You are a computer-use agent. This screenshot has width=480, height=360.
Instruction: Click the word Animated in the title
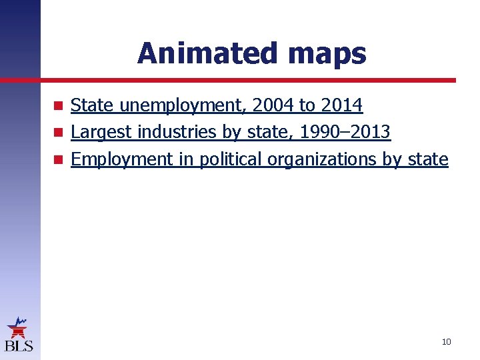click(x=194, y=53)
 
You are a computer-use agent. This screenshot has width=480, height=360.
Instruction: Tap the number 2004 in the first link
click(x=272, y=105)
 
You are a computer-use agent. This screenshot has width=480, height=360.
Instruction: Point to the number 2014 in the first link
click(x=341, y=105)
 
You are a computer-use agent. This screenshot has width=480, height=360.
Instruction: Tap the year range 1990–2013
click(x=345, y=133)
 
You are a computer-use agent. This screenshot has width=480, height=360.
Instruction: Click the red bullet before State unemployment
click(x=59, y=106)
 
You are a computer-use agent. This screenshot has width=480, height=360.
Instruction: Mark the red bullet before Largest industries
click(x=59, y=133)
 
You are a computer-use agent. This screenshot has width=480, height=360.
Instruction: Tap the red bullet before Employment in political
click(x=59, y=160)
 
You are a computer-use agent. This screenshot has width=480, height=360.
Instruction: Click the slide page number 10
click(x=446, y=342)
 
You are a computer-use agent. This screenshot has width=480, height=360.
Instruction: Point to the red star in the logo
click(x=18, y=329)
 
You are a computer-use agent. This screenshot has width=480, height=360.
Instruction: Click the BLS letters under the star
click(x=19, y=345)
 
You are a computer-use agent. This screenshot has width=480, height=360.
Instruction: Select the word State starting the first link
click(x=93, y=105)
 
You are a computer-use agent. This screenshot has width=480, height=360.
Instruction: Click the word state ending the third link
click(x=429, y=159)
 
